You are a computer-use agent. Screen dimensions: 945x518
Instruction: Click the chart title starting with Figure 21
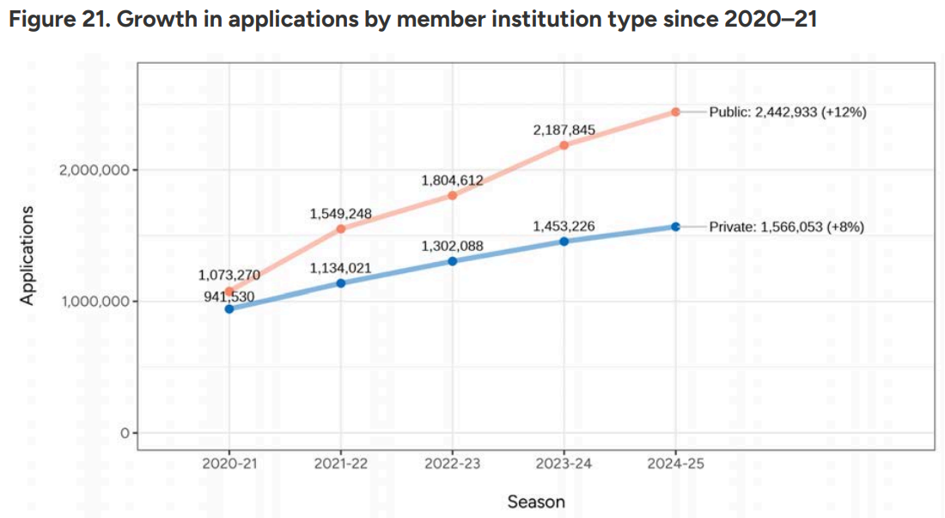click(413, 19)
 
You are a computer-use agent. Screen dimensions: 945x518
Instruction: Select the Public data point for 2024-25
click(675, 112)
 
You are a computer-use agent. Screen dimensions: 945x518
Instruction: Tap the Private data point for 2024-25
click(675, 227)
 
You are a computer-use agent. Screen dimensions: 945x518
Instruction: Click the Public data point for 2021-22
click(341, 229)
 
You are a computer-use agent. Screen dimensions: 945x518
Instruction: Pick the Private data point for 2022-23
click(453, 261)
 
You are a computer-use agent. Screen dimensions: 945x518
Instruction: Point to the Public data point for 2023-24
click(564, 145)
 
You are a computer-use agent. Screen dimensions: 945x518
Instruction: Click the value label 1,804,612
click(452, 180)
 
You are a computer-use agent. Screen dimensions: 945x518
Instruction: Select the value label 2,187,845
click(564, 130)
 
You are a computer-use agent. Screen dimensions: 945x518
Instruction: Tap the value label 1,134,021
click(340, 268)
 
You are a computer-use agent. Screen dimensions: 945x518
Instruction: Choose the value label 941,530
click(229, 296)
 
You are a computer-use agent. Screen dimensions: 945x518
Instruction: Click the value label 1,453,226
click(564, 227)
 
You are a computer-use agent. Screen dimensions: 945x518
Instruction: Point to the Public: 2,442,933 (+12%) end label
click(788, 112)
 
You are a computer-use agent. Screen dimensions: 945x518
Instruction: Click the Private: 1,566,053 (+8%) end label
click(786, 227)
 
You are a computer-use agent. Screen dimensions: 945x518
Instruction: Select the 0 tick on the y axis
click(125, 433)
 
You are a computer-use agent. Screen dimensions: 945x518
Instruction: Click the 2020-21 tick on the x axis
click(229, 464)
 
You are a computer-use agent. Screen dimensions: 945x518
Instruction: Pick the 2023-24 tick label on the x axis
click(564, 464)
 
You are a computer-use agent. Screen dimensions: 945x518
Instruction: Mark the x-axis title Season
click(536, 502)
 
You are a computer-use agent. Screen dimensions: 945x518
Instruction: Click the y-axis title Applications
click(27, 255)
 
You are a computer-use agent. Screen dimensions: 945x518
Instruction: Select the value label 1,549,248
click(340, 214)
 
